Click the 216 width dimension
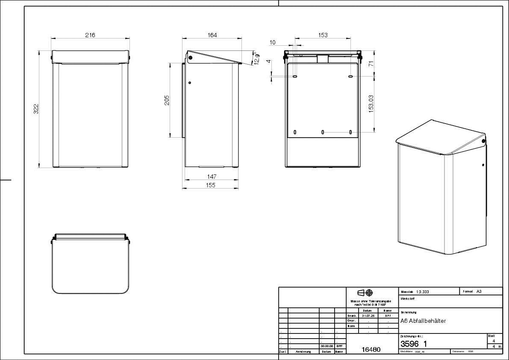pos(90,35)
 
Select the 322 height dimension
pos(36,109)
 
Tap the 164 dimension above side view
pos(212,35)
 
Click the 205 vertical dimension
pos(167,100)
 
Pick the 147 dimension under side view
pos(212,176)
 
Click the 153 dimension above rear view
pos(323,35)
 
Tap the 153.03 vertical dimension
pos(371,103)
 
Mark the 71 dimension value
pos(371,63)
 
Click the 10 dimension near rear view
pos(273,42)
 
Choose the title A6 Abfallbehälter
pos(423,321)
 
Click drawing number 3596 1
pos(413,344)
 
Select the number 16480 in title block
pos(371,349)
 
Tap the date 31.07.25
pos(368,316)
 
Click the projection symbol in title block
pos(365,293)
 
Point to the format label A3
pos(479,292)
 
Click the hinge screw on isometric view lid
pos(483,141)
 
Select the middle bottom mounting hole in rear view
pos(323,132)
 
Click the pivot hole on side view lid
pos(191,57)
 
